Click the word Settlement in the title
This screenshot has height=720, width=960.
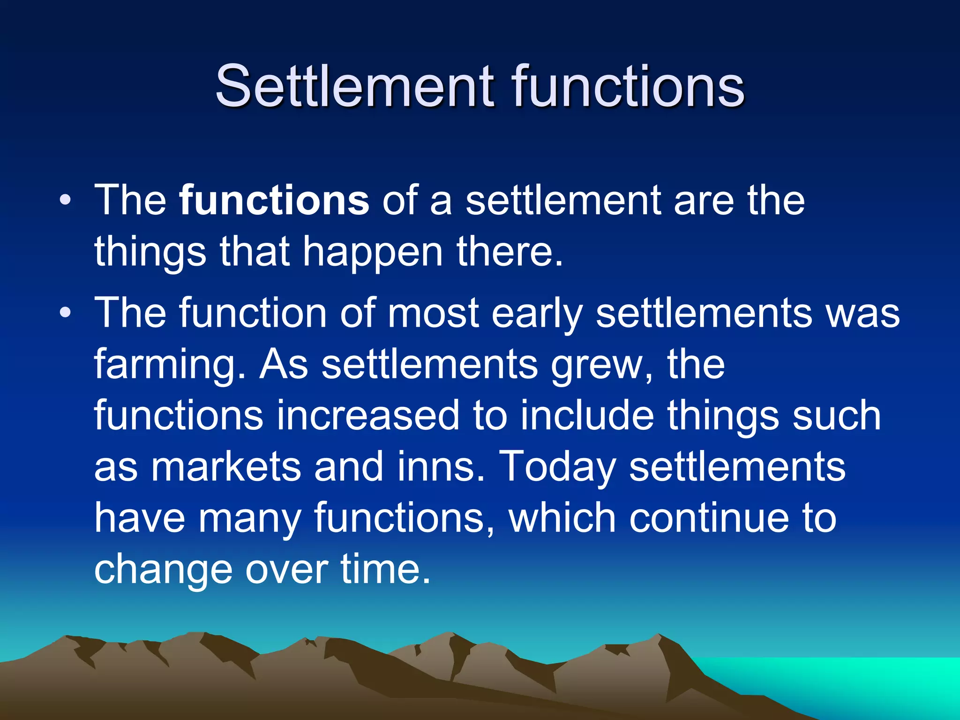point(354,87)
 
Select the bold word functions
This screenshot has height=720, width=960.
point(274,201)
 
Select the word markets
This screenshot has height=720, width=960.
point(225,467)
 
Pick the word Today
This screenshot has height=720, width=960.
point(557,467)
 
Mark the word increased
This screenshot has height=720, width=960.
point(368,415)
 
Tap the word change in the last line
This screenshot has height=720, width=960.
point(163,570)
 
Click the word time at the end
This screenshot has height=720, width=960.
point(384,569)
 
